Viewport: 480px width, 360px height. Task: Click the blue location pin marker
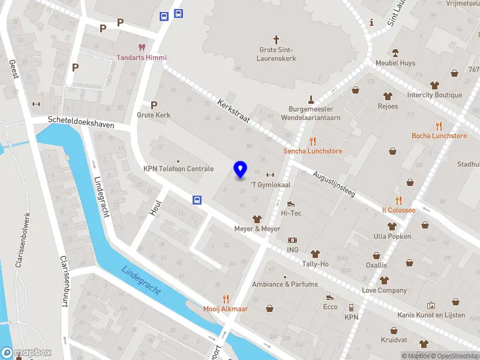tap(241, 170)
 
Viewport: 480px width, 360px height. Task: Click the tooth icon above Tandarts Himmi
tap(142, 47)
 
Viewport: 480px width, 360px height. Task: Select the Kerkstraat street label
tap(233, 111)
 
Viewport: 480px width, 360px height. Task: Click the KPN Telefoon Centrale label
tap(178, 169)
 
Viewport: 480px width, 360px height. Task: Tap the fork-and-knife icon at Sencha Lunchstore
tap(313, 141)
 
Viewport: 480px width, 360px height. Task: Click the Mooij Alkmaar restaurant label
tap(226, 308)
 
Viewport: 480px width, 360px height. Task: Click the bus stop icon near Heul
tap(197, 200)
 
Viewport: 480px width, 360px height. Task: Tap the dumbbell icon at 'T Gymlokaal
tap(269, 174)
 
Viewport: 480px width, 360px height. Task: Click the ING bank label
tap(292, 250)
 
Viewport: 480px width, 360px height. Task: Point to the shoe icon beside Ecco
tap(329, 297)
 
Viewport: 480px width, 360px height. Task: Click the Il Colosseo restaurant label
tap(398, 210)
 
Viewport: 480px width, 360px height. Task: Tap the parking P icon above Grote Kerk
tap(154, 104)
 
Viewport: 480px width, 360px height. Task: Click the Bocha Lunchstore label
tap(439, 136)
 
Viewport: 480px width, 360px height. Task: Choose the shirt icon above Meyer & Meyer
tap(257, 219)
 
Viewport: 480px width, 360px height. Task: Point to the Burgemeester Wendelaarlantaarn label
tap(311, 113)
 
